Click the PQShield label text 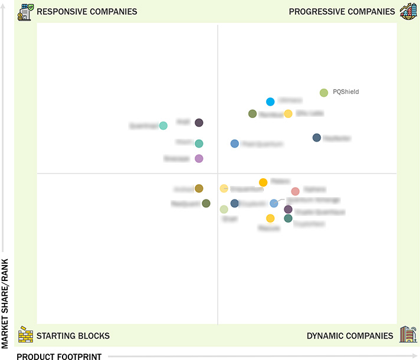click(346, 92)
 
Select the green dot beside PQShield click(324, 93)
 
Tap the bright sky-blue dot click(270, 102)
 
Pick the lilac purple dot click(199, 158)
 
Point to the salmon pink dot click(296, 191)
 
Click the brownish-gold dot click(199, 188)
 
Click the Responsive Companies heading click(87, 11)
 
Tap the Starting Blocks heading click(73, 336)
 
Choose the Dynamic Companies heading click(350, 336)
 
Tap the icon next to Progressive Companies click(408, 11)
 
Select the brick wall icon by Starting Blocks click(25, 335)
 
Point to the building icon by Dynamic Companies click(408, 335)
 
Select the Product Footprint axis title click(59, 356)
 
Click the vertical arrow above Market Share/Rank click(6, 130)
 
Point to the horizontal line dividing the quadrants click(118, 174)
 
